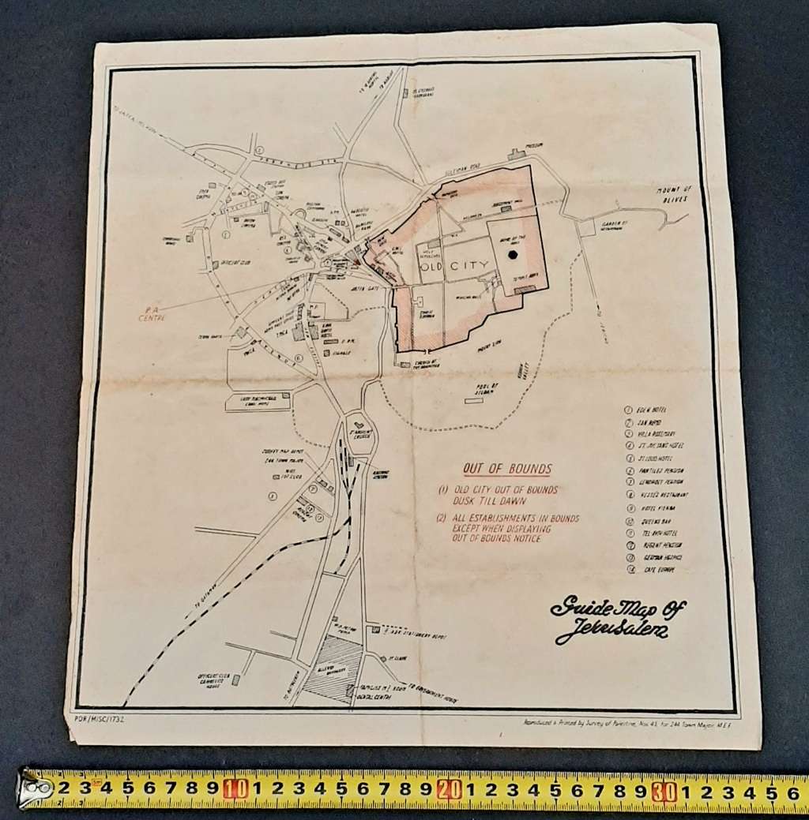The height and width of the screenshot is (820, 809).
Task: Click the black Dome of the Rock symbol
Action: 514,254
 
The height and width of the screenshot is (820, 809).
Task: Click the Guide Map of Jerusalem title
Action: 618,618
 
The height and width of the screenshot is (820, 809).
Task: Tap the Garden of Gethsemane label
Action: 612,226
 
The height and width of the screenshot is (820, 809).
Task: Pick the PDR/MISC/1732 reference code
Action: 98,719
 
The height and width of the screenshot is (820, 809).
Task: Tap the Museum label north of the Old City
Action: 534,146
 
